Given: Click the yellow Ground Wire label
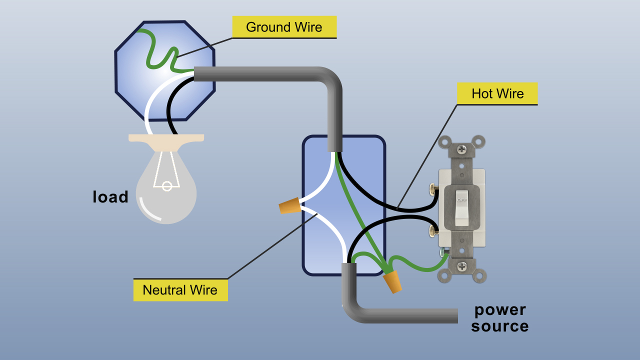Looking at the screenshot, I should [284, 27].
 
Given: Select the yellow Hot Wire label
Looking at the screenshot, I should [497, 93].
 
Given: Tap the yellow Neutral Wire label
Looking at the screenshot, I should [180, 290].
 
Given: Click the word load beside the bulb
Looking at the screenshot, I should [110, 197].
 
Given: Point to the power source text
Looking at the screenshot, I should [499, 318].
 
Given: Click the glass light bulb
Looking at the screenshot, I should [166, 192].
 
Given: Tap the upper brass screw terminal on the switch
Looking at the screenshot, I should [433, 189].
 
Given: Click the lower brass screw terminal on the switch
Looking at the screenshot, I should [433, 231].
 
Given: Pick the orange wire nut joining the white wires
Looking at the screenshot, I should [289, 205].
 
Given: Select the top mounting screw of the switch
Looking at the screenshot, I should [462, 149].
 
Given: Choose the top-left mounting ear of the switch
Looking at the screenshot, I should [444, 141].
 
